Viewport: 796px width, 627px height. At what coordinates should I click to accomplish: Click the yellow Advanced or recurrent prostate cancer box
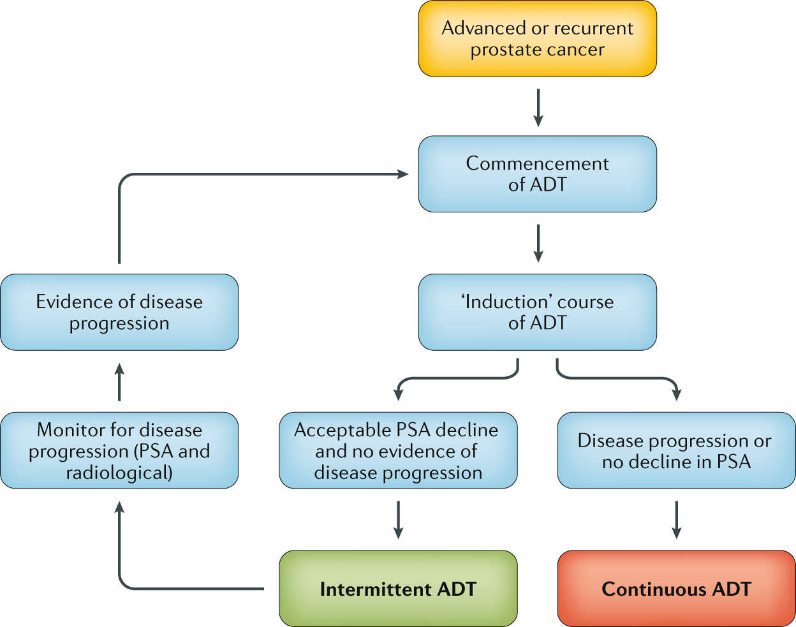tap(537, 39)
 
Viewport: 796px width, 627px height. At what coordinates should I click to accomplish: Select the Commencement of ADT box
tap(537, 173)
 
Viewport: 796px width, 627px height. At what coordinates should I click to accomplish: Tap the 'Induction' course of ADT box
tap(537, 312)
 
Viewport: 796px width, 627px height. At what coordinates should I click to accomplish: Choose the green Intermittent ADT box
tap(398, 588)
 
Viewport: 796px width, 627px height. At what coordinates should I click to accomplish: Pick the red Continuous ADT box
tap(676, 588)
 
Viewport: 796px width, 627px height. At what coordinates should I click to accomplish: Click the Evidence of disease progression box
tap(119, 312)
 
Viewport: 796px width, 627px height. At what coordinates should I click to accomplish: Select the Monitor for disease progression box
tap(119, 450)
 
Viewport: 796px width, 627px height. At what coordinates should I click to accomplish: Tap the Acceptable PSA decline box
tap(398, 450)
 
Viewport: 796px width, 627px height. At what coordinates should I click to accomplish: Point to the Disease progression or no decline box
tap(676, 450)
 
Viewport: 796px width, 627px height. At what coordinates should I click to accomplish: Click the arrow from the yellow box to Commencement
tap(538, 107)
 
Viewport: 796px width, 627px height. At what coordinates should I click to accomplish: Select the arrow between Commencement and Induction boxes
tap(538, 243)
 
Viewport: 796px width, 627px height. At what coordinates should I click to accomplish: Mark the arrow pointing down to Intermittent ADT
tap(399, 519)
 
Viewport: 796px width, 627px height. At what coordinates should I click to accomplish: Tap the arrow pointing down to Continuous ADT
tap(677, 519)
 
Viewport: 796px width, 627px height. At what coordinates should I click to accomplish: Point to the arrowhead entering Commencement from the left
tap(402, 174)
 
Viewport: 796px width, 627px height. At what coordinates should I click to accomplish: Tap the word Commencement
tap(537, 163)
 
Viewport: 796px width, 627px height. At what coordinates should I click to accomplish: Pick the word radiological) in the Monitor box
tap(119, 473)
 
